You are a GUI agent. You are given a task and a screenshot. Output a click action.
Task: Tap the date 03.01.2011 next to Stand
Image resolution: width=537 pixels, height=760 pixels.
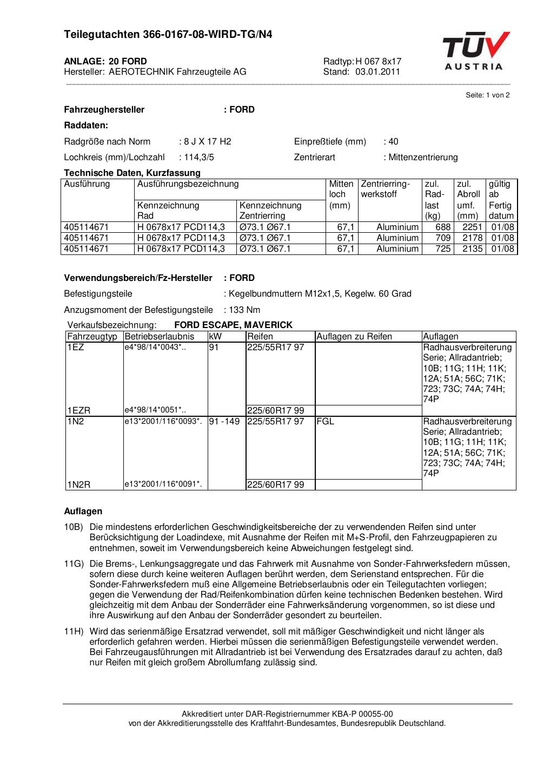(377, 71)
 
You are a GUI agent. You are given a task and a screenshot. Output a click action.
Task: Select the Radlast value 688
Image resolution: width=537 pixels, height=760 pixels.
(443, 227)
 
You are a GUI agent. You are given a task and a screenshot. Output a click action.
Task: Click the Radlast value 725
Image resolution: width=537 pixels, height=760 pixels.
(443, 249)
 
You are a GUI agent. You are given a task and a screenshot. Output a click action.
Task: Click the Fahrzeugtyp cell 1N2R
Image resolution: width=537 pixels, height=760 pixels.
(79, 484)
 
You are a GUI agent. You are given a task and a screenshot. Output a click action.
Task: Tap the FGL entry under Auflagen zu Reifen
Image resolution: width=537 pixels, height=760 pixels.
(326, 421)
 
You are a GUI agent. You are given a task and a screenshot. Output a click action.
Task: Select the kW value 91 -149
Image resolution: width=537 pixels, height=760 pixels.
(224, 421)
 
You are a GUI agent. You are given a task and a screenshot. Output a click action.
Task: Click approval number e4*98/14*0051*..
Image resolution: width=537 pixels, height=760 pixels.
(155, 410)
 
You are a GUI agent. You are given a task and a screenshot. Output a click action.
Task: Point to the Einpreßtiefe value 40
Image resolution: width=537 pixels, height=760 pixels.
(393, 142)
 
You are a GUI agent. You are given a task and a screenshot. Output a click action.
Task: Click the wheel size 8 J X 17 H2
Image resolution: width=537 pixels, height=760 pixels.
(207, 142)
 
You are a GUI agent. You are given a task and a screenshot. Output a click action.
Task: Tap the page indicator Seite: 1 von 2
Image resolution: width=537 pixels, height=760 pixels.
(487, 95)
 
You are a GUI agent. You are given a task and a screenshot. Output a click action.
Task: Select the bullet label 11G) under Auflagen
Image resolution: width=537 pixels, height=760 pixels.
(74, 564)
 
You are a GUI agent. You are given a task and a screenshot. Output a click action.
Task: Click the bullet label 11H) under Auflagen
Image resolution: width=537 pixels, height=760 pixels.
(74, 632)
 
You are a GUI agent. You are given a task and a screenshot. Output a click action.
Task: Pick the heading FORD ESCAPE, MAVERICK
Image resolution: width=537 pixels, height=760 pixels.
(233, 325)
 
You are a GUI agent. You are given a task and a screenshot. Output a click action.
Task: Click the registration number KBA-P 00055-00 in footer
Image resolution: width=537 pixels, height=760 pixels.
(363, 714)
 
